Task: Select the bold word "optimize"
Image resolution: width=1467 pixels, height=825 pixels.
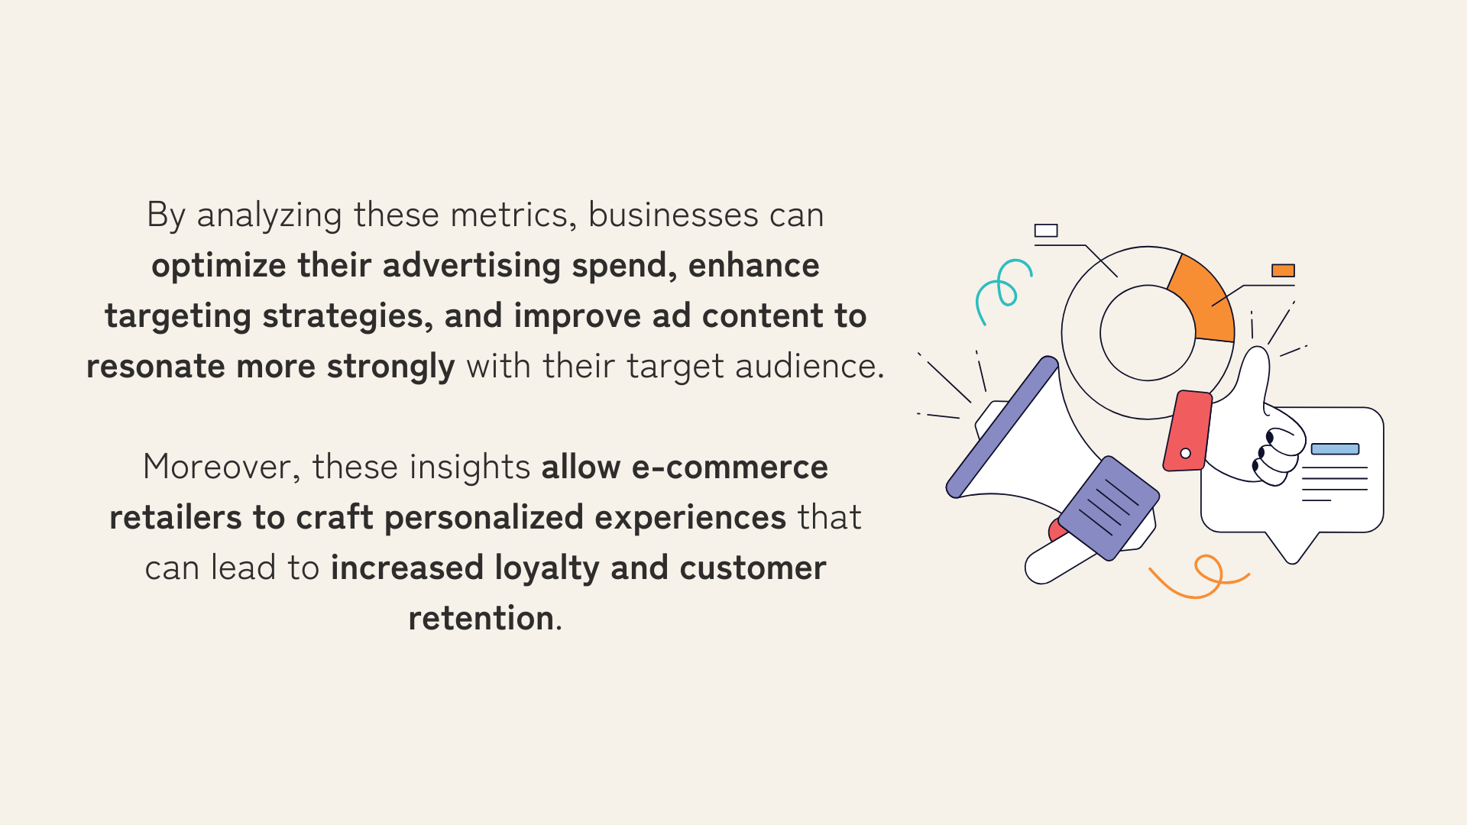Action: click(219, 267)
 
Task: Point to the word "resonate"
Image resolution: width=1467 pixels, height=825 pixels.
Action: click(156, 367)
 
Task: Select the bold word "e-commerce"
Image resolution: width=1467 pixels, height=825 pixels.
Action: click(730, 467)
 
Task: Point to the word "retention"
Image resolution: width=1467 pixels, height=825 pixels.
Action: click(481, 619)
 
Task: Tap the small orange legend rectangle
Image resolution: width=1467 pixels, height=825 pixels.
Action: click(1283, 270)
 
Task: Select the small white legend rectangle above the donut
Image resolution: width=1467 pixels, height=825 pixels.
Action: click(1046, 231)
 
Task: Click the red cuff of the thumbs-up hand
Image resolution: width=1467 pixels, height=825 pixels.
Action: click(1188, 431)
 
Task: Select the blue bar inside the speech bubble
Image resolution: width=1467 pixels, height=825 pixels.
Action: click(1335, 449)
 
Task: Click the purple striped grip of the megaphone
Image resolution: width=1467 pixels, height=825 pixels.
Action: click(1109, 508)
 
